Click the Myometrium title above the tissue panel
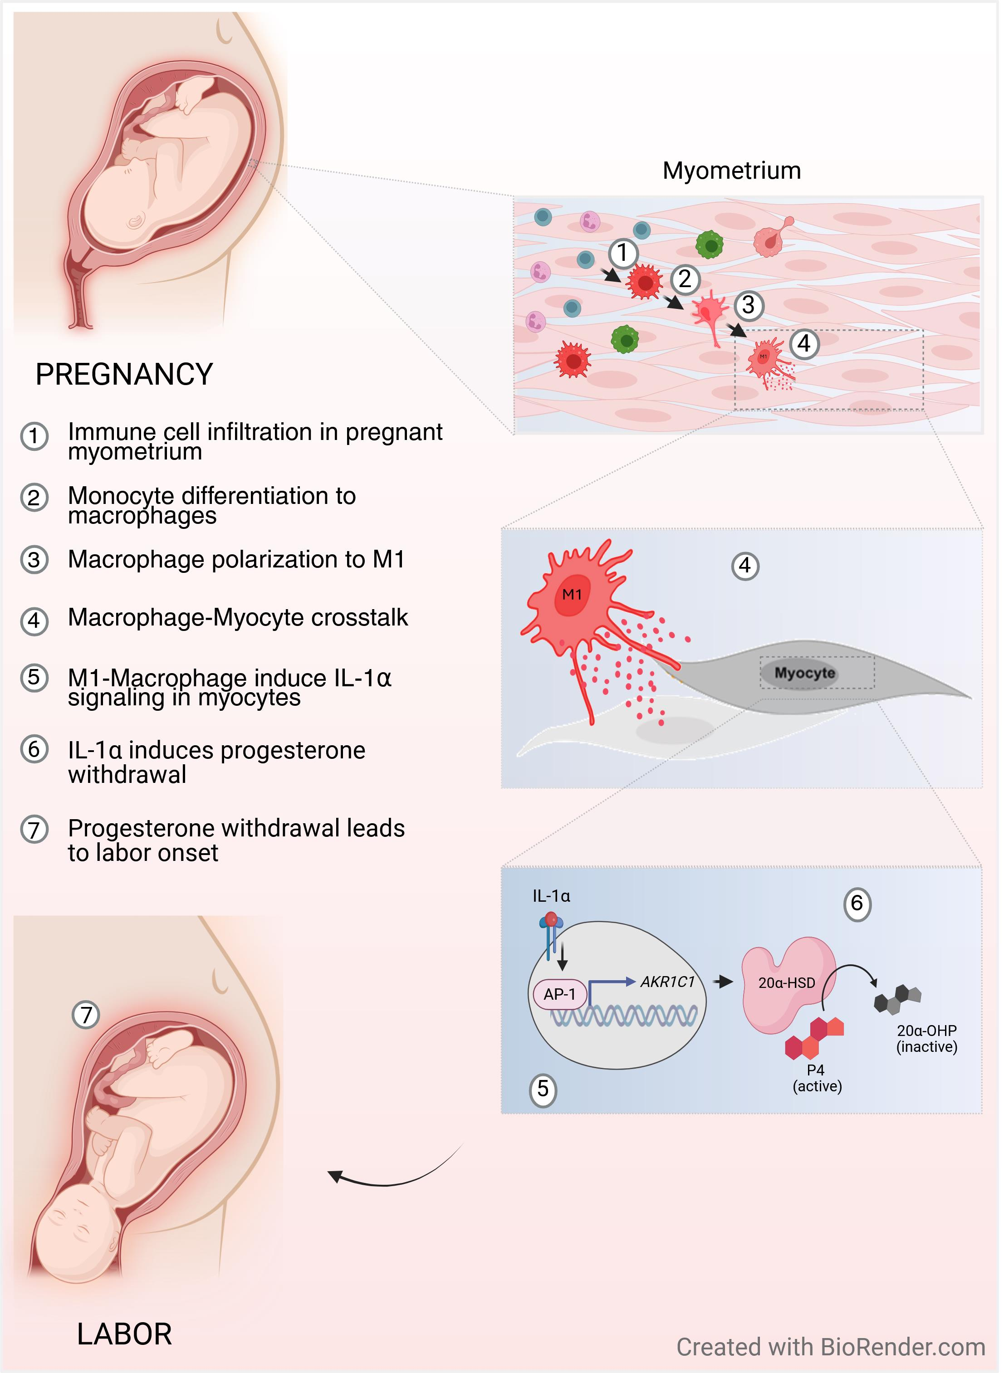pyautogui.click(x=731, y=171)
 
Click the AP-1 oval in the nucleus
pyautogui.click(x=559, y=995)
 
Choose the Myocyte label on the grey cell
pyautogui.click(x=804, y=673)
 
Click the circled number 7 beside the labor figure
pyautogui.click(x=86, y=1015)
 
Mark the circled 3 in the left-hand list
pyautogui.click(x=34, y=560)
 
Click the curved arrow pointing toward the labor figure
pyautogui.click(x=389, y=1176)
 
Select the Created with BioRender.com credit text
pyautogui.click(x=830, y=1347)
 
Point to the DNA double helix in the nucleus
pyautogui.click(x=623, y=1015)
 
